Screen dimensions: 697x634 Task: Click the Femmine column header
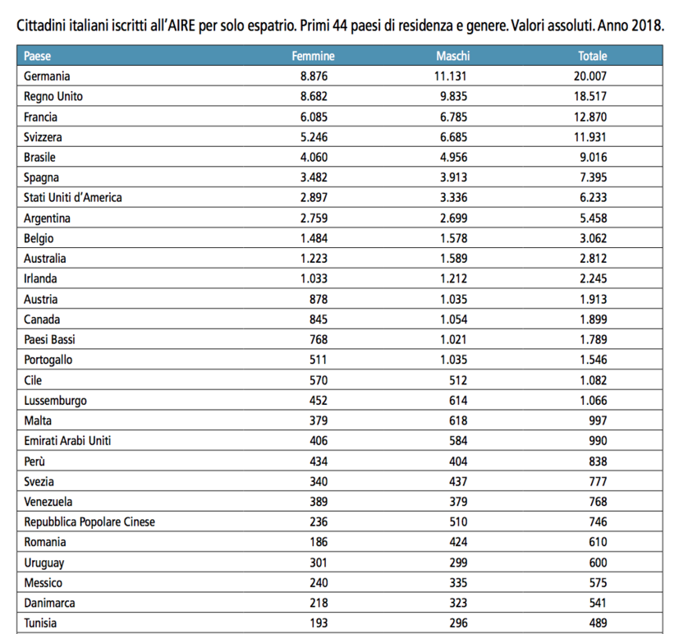coord(313,56)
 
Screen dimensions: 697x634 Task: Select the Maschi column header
coord(453,56)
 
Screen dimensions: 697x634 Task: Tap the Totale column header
coord(593,56)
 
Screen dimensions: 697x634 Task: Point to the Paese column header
coord(37,56)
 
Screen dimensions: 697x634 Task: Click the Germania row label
coord(47,76)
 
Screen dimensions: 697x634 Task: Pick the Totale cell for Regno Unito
coord(590,96)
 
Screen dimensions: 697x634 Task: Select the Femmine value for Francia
coord(314,117)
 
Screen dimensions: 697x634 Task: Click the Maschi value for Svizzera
coord(453,137)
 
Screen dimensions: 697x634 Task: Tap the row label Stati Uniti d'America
coord(72,197)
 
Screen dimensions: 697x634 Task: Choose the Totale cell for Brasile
coord(593,157)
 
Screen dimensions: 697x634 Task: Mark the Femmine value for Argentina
coord(314,218)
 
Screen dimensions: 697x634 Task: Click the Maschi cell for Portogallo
coord(453,359)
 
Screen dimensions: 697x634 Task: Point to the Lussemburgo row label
coord(55,401)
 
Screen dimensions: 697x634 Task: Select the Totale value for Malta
coord(598,420)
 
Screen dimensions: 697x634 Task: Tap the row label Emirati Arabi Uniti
coord(67,441)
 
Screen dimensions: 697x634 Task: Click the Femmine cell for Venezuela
coord(319,502)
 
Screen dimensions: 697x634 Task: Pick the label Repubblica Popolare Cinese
coord(89,522)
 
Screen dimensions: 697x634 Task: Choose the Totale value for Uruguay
coord(598,563)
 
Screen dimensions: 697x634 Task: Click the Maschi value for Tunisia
coord(458,623)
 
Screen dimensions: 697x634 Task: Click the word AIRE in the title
coord(181,25)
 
